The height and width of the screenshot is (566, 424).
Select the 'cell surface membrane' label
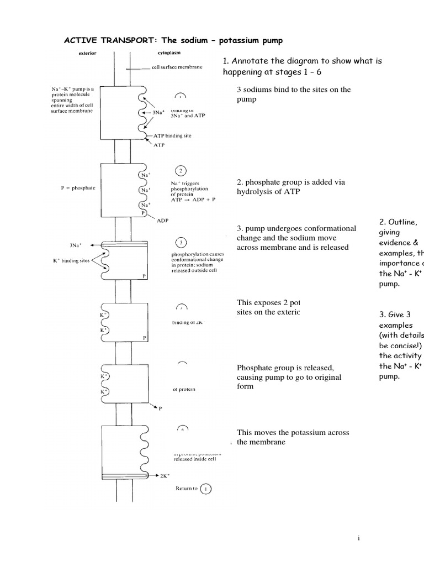pos(177,68)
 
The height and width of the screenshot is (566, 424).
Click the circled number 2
pos(181,171)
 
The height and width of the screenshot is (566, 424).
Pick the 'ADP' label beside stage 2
pos(163,220)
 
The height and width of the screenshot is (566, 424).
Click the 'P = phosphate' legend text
pos(78,188)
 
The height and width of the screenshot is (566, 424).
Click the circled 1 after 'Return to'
pos(206,489)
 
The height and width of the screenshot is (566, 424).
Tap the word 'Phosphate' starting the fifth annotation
pos(256,368)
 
